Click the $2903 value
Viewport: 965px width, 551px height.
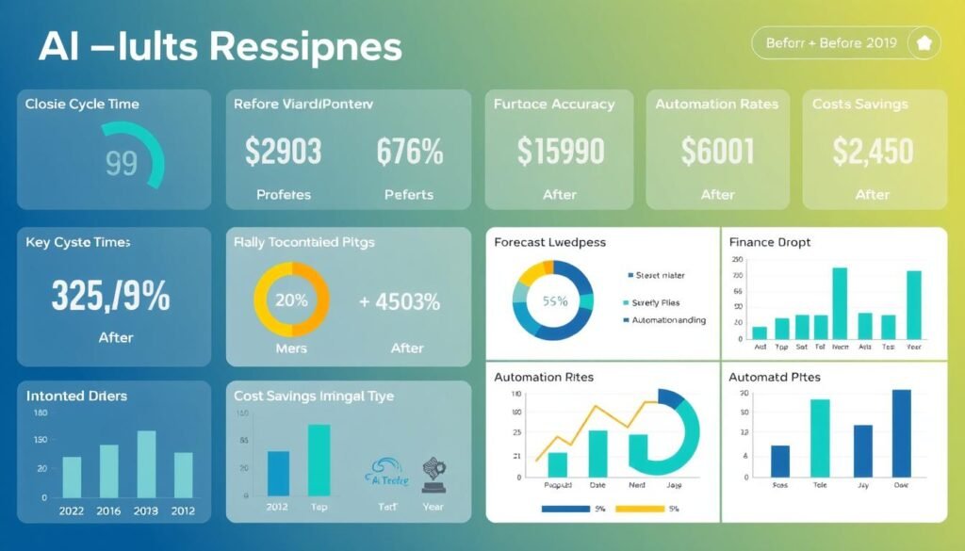pyautogui.click(x=283, y=152)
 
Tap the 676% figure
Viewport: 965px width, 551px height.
pyautogui.click(x=409, y=152)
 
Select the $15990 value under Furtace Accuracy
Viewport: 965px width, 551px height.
pyautogui.click(x=560, y=151)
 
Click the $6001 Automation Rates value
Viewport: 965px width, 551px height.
pyautogui.click(x=717, y=151)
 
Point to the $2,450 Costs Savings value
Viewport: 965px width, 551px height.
pyautogui.click(x=873, y=151)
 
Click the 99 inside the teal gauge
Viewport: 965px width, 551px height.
pyautogui.click(x=122, y=163)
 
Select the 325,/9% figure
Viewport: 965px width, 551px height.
pyautogui.click(x=110, y=296)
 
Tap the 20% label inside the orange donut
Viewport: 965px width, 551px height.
pyautogui.click(x=291, y=301)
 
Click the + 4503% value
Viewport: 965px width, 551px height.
pyautogui.click(x=400, y=302)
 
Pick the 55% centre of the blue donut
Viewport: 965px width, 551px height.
pyautogui.click(x=554, y=301)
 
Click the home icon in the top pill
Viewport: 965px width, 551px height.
pyautogui.click(x=923, y=43)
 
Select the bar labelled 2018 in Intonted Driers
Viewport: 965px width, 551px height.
pyautogui.click(x=146, y=463)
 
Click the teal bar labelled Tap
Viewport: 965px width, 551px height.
pyautogui.click(x=319, y=460)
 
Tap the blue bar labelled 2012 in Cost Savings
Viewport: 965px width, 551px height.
pyautogui.click(x=279, y=473)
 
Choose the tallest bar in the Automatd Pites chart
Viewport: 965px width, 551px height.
pyautogui.click(x=902, y=433)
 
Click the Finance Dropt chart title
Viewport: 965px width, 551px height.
pyautogui.click(x=769, y=242)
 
